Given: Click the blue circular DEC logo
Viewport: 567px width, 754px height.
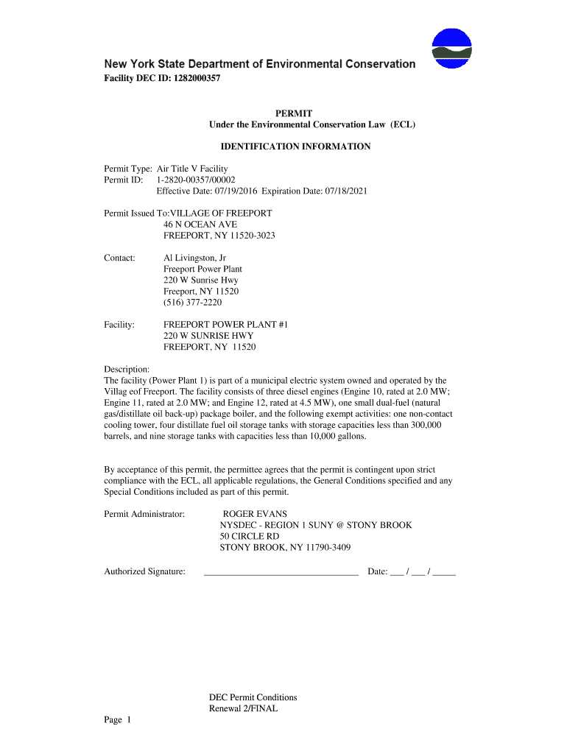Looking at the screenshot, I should (451, 49).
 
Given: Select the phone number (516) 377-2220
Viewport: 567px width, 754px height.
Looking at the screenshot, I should (192, 302).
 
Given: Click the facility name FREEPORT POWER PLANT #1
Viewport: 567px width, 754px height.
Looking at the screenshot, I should (215, 324).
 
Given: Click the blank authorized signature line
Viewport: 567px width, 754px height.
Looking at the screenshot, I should (280, 571).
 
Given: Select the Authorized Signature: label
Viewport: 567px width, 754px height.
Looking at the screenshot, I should (144, 571).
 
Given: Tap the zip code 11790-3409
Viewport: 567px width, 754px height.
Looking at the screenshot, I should (326, 547).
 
